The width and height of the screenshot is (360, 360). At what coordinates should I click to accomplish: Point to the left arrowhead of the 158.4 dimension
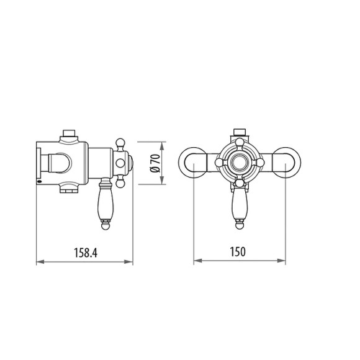pyautogui.click(x=39, y=262)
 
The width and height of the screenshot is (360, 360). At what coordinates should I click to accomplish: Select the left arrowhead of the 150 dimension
pyautogui.click(x=197, y=262)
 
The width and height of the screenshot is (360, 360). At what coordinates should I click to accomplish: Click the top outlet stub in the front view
pyautogui.click(x=240, y=132)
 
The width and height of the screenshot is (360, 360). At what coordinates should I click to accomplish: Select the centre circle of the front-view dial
pyautogui.click(x=240, y=163)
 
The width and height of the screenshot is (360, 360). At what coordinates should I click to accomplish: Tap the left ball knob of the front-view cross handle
pyautogui.click(x=219, y=163)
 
